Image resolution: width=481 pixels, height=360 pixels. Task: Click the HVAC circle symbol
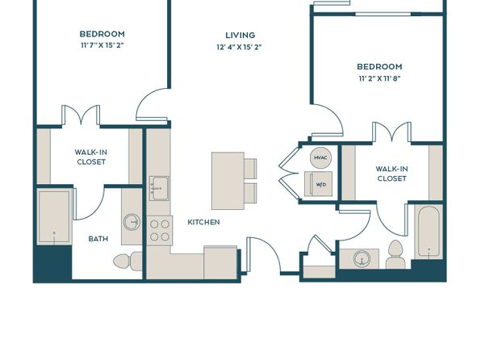320,157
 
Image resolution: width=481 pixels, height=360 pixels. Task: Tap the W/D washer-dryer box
319,184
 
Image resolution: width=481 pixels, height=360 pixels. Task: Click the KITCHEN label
203,222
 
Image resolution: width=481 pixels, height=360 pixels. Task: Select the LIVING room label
240,36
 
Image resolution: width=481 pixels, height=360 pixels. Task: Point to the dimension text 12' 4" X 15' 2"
239,48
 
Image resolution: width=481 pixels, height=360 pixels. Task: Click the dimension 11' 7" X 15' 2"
102,45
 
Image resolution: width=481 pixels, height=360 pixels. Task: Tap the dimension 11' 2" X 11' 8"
380,78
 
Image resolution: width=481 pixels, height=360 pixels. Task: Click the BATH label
98,238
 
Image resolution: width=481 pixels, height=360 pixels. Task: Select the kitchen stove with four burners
160,230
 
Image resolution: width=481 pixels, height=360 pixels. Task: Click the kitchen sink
159,188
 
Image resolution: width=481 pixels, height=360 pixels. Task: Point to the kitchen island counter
228,181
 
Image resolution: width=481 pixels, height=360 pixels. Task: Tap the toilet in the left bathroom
128,262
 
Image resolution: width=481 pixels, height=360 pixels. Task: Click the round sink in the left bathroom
132,222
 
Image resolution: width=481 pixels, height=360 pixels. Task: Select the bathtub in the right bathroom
429,231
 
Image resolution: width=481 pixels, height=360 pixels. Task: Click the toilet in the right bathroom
395,254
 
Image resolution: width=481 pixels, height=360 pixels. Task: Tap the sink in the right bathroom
362,258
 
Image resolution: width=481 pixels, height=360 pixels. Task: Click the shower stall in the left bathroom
54,216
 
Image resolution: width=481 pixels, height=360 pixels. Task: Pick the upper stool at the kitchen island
250,169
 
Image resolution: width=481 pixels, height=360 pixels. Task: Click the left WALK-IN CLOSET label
91,157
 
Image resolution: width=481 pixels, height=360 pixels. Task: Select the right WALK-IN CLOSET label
391,174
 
